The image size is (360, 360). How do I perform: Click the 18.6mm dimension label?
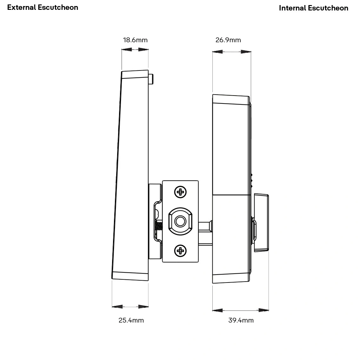point(135,40)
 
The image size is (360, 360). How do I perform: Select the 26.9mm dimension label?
point(228,40)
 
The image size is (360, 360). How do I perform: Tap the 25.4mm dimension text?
point(131,320)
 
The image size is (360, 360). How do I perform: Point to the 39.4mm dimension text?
point(241,320)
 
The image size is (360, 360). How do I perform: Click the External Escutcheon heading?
point(43,7)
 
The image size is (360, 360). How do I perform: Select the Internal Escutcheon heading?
point(313,8)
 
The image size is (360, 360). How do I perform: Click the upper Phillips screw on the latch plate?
point(180,192)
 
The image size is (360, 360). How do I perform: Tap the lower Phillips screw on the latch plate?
point(180,251)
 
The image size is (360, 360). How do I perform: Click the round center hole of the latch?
point(180,221)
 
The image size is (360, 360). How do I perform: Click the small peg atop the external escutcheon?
point(151,79)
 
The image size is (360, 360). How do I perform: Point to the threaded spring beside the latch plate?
point(159,226)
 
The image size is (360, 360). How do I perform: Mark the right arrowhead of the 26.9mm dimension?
point(246,51)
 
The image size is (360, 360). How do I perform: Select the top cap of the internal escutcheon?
point(231,99)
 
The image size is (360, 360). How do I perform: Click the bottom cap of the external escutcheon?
point(130,276)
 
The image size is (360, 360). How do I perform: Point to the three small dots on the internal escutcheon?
point(251,180)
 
